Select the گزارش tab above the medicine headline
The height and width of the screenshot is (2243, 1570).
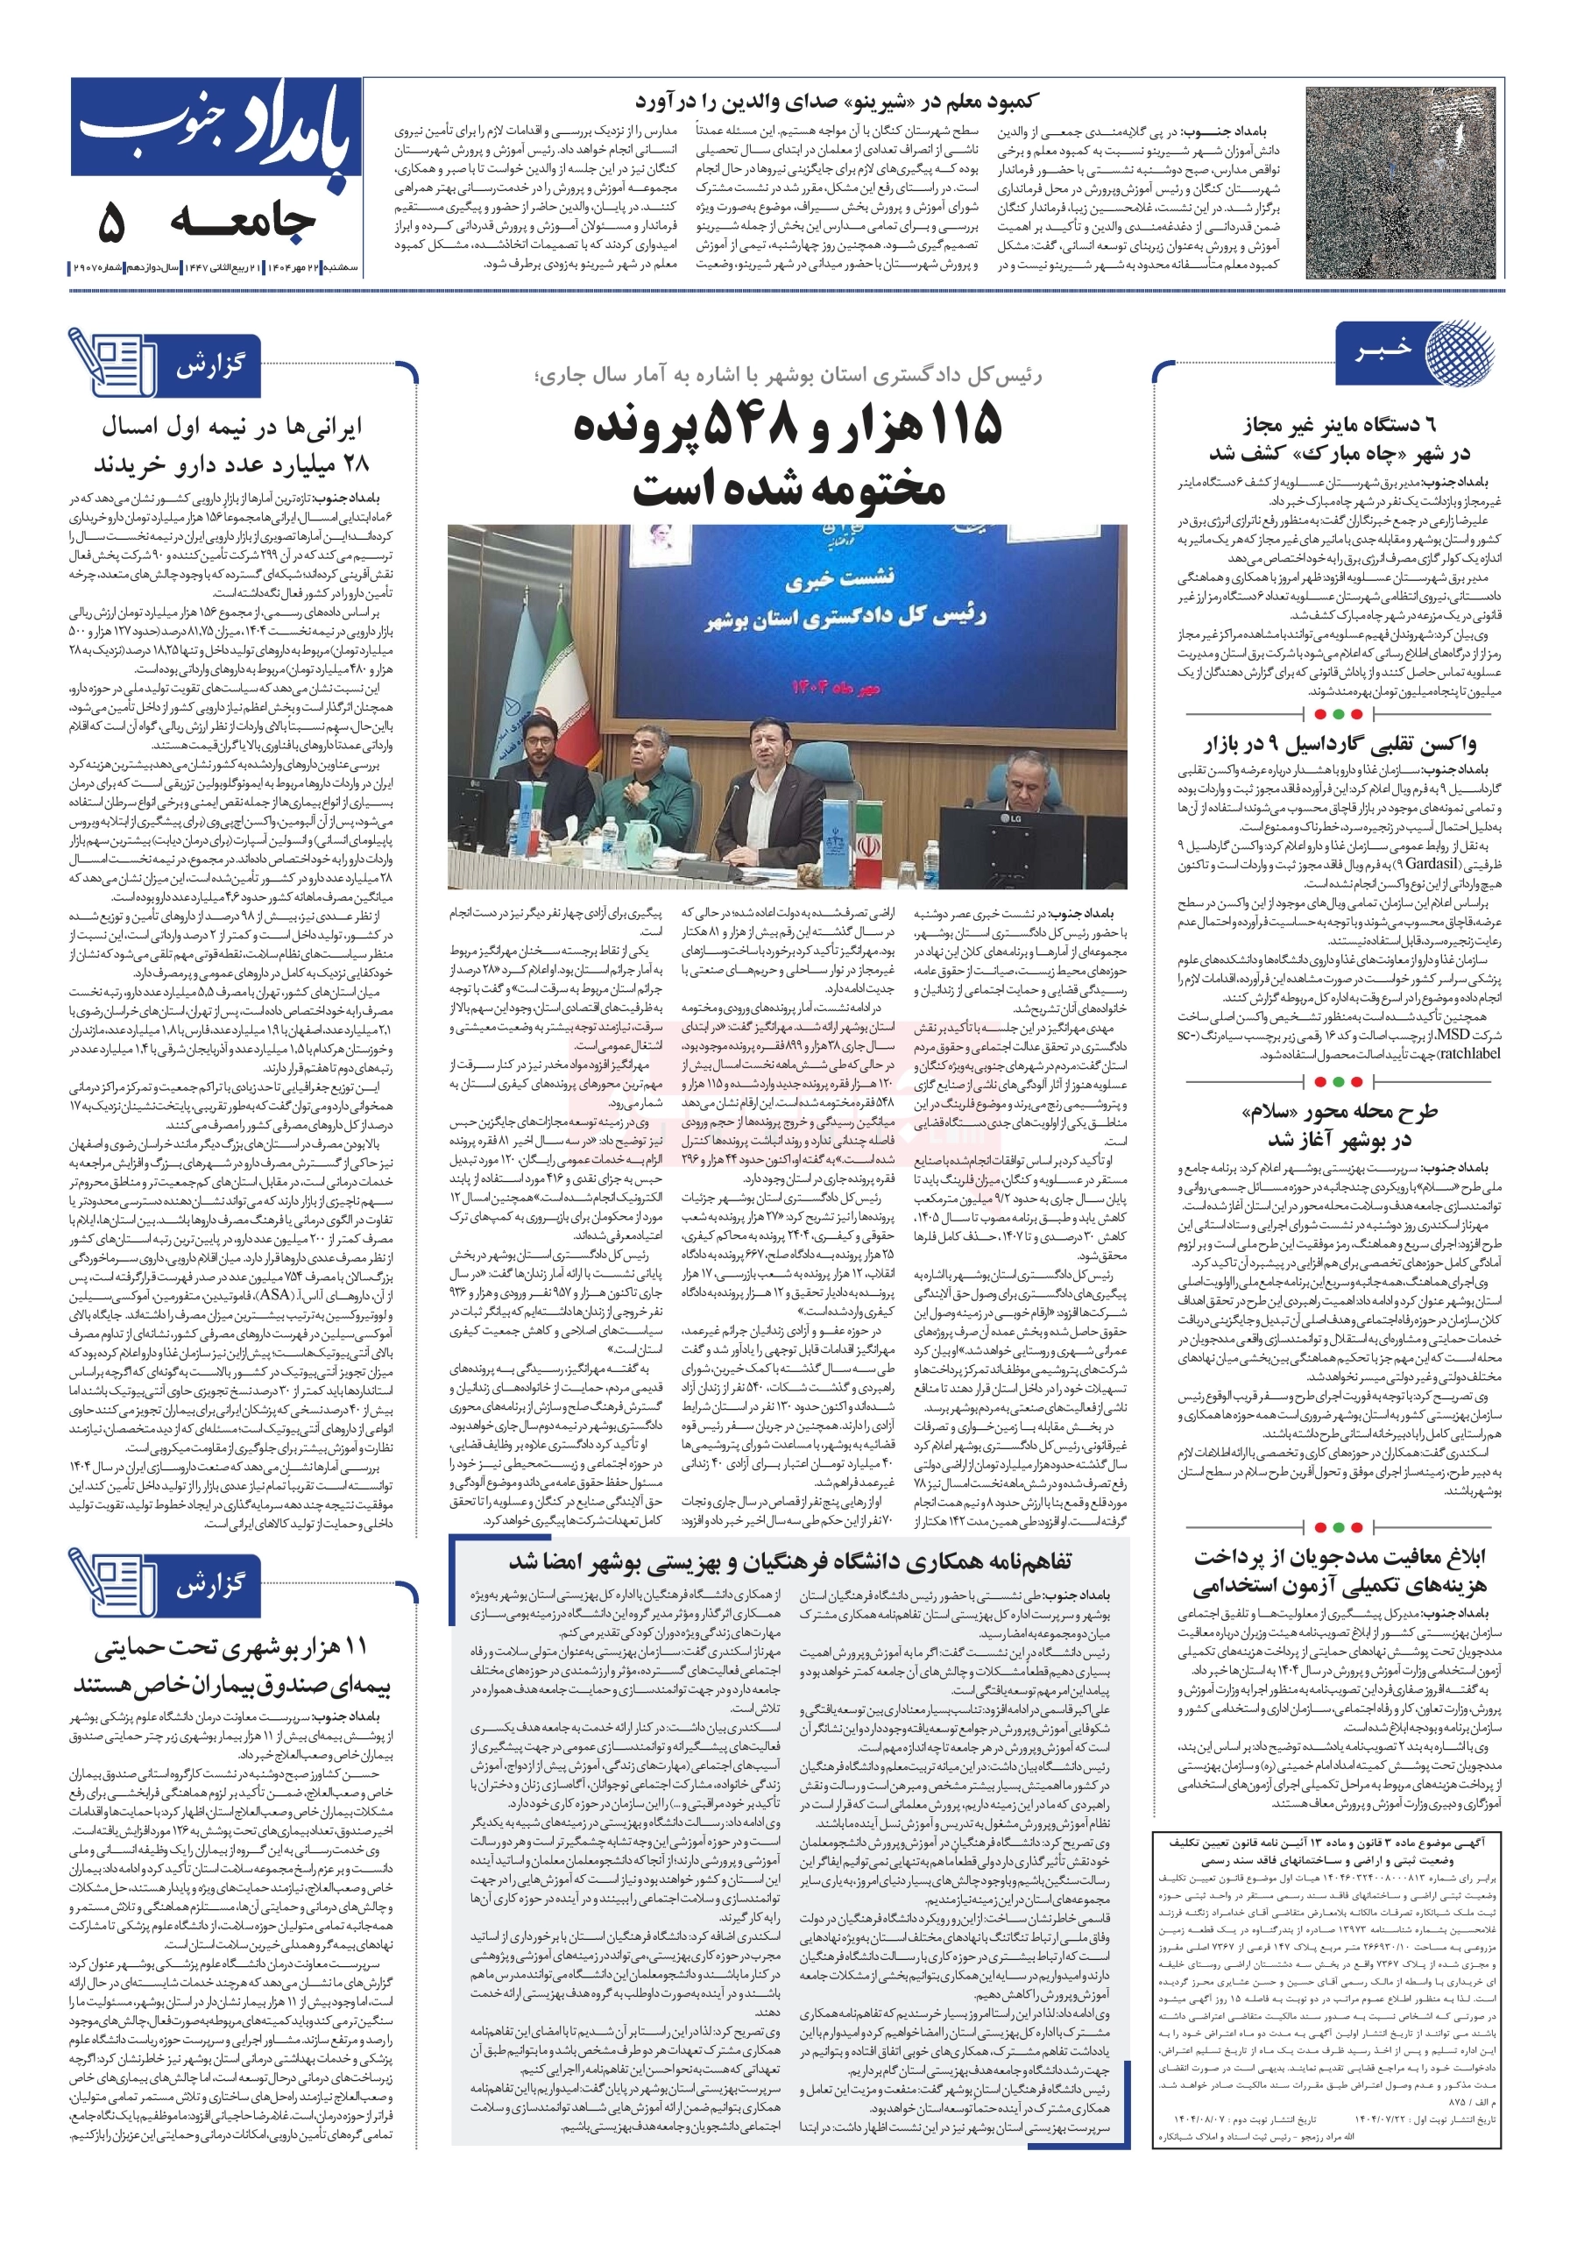point(210,366)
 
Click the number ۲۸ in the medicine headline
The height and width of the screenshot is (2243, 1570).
point(354,463)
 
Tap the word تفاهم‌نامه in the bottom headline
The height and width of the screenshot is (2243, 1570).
point(1021,1561)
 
